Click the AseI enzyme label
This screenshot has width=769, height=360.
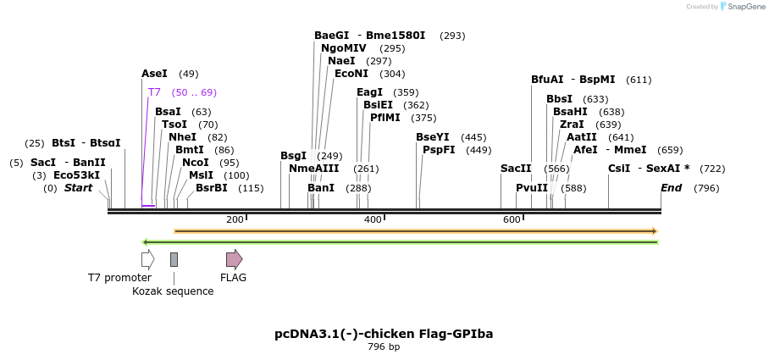click(155, 74)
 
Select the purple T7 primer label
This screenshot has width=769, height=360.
click(154, 92)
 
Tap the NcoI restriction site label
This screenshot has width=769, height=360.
click(196, 162)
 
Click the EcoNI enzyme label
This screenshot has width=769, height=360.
click(351, 74)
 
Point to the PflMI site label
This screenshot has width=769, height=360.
click(385, 118)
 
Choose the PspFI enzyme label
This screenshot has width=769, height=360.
click(439, 150)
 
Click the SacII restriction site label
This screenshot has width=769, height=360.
click(516, 169)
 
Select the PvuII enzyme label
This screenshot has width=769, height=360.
click(532, 188)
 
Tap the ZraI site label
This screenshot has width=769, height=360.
click(572, 125)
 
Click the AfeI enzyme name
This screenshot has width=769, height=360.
click(585, 150)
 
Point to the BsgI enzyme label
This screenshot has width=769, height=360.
click(294, 156)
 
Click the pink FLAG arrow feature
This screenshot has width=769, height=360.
click(234, 259)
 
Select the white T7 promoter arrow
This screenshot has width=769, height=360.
click(148, 259)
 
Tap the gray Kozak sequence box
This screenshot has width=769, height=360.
click(174, 259)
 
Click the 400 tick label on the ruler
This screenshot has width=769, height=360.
click(373, 220)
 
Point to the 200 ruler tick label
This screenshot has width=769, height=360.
click(235, 220)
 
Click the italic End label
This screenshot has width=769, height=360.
click(671, 188)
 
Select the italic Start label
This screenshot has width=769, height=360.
click(79, 188)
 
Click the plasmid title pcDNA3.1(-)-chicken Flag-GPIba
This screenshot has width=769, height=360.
click(384, 334)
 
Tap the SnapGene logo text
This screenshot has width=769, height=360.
click(746, 7)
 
